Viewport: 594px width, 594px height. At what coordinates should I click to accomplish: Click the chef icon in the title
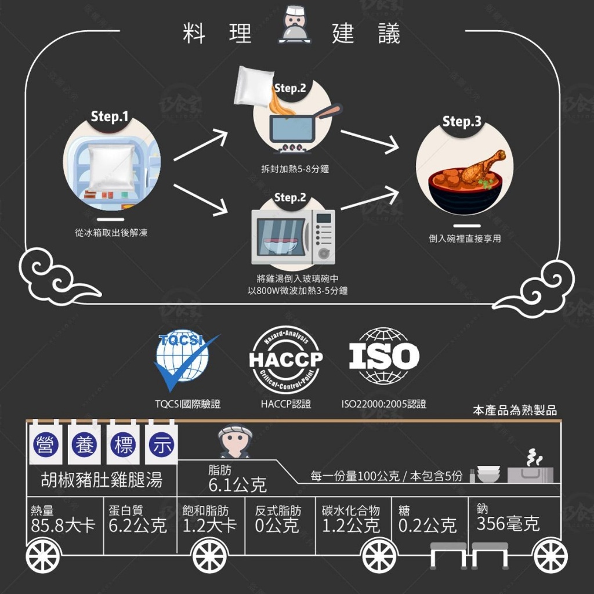click(x=292, y=30)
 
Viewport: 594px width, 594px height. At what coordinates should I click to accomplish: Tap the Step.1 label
click(x=110, y=117)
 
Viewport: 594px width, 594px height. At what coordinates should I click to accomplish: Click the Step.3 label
click(x=462, y=122)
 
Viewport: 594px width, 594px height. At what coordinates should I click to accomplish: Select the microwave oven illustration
click(x=292, y=236)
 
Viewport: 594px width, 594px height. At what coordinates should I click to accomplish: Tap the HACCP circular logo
click(x=285, y=360)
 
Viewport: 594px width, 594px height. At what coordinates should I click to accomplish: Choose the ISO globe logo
click(x=383, y=357)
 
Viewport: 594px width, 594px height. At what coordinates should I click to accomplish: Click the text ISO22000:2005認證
click(x=384, y=404)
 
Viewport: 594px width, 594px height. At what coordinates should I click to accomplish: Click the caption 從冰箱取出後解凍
click(x=111, y=233)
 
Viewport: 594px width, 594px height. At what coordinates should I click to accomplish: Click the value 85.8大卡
click(x=63, y=526)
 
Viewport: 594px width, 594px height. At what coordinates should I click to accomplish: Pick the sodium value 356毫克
click(x=508, y=524)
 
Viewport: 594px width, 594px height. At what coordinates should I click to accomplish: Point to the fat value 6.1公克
click(x=237, y=485)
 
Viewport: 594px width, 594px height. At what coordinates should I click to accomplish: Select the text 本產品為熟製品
click(x=515, y=411)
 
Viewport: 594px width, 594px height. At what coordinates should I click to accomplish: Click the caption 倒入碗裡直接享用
click(x=464, y=238)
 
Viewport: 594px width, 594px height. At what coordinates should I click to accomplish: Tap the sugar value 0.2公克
click(x=428, y=526)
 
